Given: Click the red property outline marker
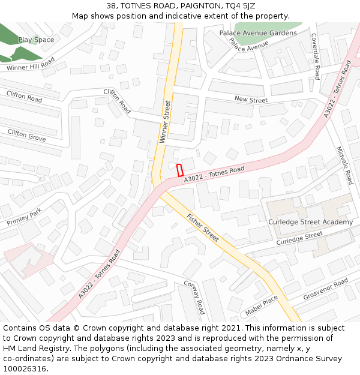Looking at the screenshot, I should click(179, 170).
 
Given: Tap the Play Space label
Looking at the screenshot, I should click(36, 40).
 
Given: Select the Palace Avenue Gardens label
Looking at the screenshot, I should click(258, 33).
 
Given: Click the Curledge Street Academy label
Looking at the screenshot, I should click(310, 222).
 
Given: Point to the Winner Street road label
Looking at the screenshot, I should click(165, 122).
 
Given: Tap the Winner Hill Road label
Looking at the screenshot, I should click(31, 64).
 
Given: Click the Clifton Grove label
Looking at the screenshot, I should click(26, 135).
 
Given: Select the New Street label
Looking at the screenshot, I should click(251, 100).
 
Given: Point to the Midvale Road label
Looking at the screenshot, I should click(345, 165).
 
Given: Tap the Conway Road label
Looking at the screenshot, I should click(194, 298).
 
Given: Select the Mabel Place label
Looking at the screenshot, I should click(262, 305).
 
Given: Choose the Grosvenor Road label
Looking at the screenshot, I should click(325, 289).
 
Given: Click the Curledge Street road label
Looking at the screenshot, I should click(299, 238).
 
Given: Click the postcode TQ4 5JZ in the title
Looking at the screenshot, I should click(238, 5).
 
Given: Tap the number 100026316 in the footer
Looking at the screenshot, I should click(24, 368).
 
